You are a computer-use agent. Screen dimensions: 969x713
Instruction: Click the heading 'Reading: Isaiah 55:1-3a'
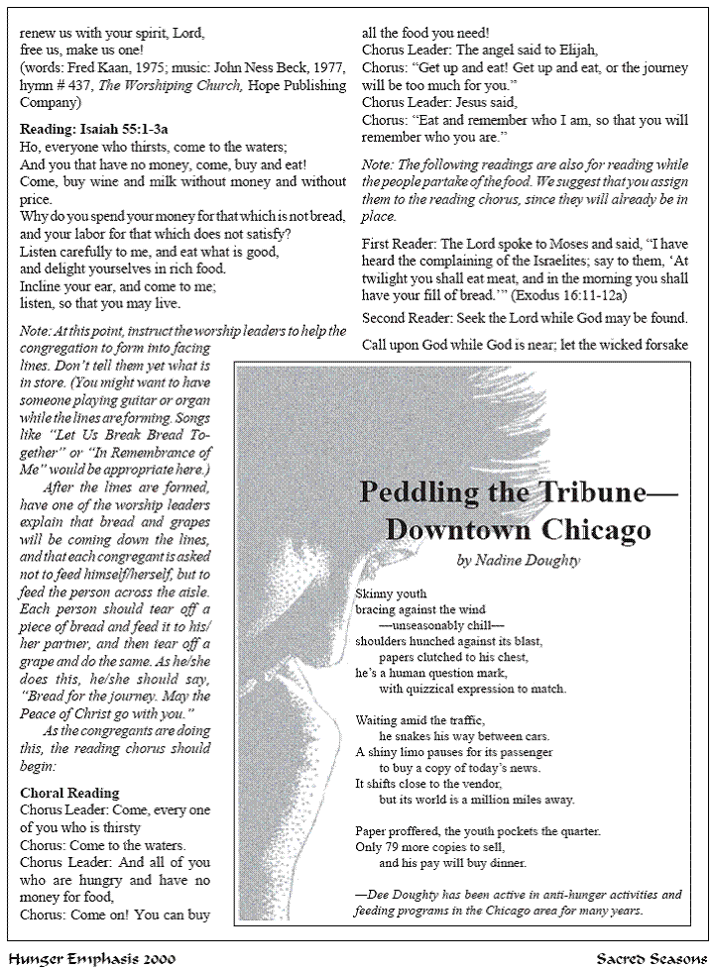click(x=94, y=128)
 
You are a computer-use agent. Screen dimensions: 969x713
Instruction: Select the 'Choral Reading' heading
click(x=69, y=793)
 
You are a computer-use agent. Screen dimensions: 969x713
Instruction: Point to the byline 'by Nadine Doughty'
click(x=519, y=560)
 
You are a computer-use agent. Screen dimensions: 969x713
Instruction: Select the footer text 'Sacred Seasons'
click(x=650, y=958)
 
